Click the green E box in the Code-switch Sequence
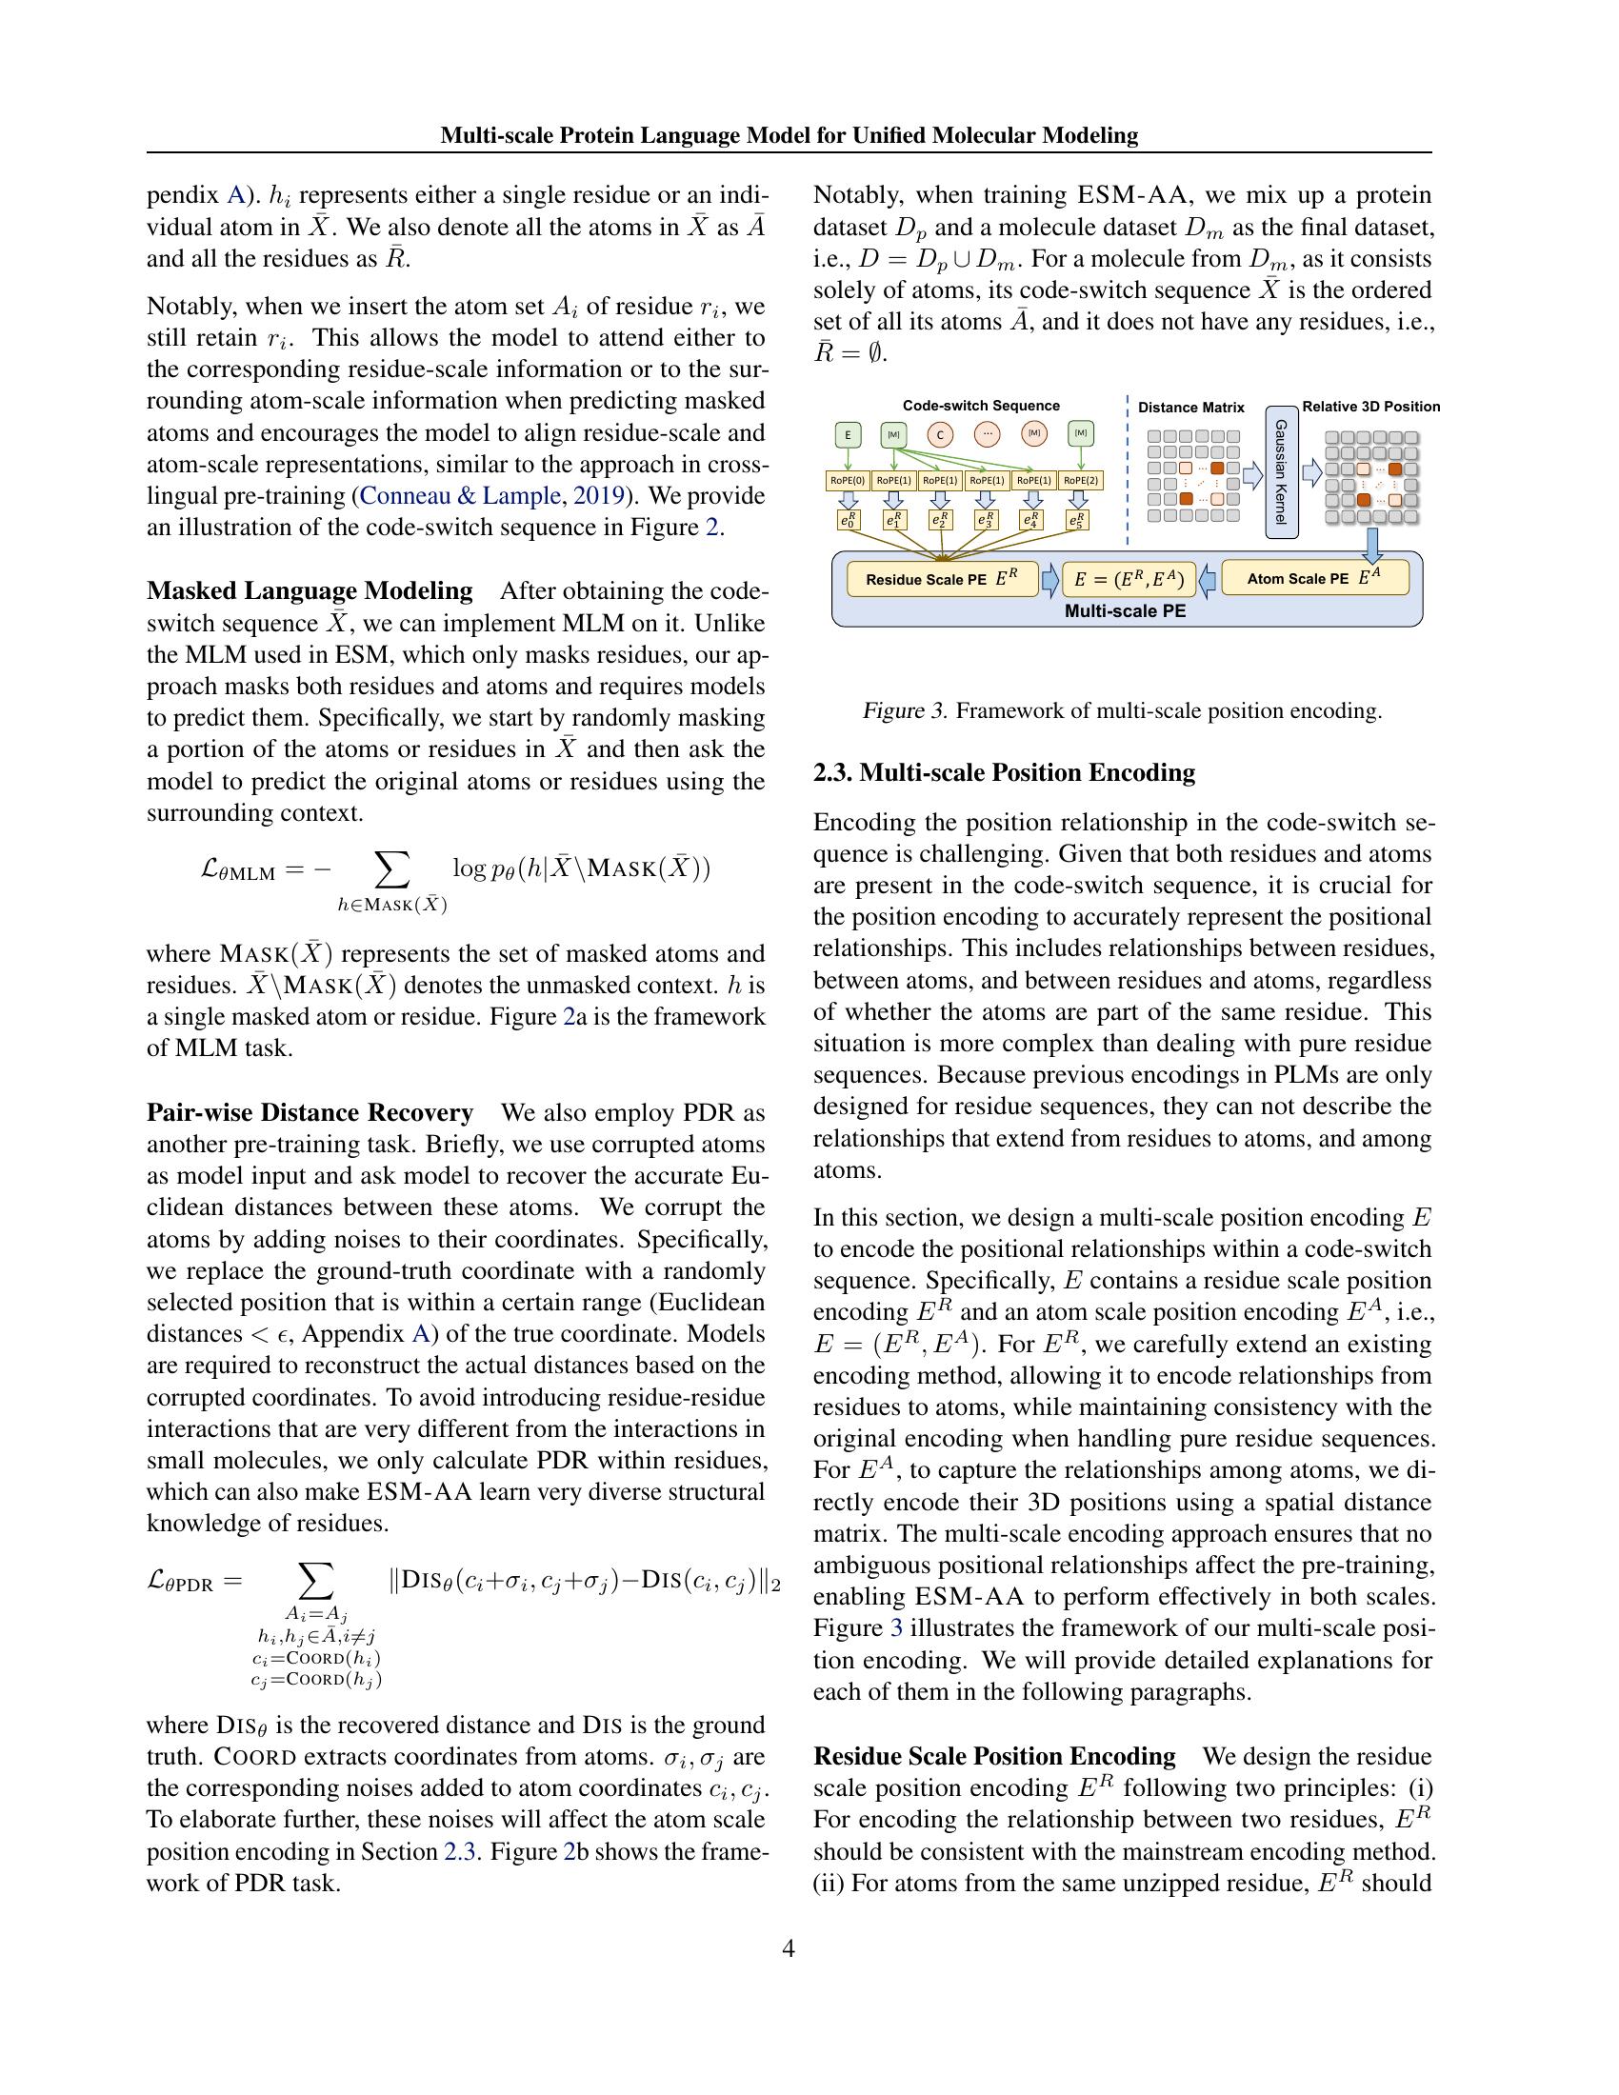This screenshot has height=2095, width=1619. [x=847, y=434]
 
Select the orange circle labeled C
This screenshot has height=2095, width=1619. [x=940, y=434]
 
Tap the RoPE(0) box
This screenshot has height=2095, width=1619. [x=847, y=481]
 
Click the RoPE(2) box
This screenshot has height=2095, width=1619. [x=1080, y=481]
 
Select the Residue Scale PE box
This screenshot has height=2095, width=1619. [x=942, y=579]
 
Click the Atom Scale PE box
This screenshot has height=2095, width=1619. [x=1315, y=578]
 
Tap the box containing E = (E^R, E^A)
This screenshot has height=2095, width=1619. [x=1129, y=579]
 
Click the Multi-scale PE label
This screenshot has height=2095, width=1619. [x=1125, y=610]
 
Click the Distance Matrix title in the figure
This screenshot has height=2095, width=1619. [x=1190, y=408]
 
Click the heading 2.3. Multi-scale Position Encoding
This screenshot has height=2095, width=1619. [x=1003, y=773]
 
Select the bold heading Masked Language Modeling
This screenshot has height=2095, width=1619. [x=309, y=591]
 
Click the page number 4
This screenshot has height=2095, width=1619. [x=789, y=1948]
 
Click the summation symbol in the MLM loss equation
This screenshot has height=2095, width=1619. [x=391, y=869]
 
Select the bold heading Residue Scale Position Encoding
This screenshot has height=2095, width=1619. [x=993, y=1756]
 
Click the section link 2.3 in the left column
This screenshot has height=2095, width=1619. [x=456, y=1851]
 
